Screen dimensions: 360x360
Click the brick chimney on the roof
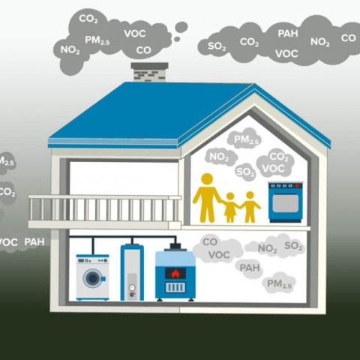tap(149, 72)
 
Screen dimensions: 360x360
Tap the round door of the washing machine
tap(93, 278)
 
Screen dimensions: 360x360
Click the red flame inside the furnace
tap(175, 273)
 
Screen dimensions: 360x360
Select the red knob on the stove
tap(297, 186)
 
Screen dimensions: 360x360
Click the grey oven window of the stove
tap(285, 203)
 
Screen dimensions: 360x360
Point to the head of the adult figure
tap(207, 179)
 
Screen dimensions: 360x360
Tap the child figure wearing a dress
tap(230, 208)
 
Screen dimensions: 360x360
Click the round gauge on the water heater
tap(132, 287)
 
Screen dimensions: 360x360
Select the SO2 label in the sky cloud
tap(217, 46)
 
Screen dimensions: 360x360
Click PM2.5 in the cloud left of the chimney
tap(97, 40)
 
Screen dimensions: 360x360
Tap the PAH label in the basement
tap(250, 268)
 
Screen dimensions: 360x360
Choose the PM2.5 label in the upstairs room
tap(246, 140)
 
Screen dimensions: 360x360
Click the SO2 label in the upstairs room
tap(246, 172)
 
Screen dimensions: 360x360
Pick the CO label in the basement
tap(210, 241)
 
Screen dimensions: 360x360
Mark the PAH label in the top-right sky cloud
tap(288, 34)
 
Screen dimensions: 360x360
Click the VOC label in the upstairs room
tap(274, 169)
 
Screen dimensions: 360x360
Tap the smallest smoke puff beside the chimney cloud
tap(177, 39)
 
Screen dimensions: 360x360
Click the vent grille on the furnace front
tap(175, 287)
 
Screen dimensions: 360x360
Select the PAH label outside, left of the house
tap(34, 242)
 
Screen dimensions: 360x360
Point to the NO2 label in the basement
tap(267, 249)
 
